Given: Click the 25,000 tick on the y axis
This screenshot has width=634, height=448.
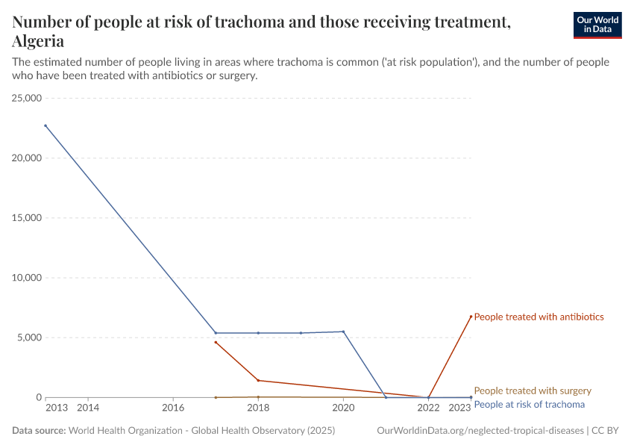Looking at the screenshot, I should coord(25,99).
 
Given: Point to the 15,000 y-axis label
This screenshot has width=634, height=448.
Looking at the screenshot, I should coord(25,218).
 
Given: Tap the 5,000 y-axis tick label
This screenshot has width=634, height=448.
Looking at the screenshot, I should coord(28,337).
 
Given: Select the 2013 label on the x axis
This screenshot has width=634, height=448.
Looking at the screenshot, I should coord(56,408).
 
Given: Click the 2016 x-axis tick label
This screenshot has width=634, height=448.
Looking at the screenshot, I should coord(173,408).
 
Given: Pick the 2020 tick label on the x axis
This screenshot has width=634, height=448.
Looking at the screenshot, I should coord(343,408).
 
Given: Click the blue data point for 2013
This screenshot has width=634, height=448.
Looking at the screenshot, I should coord(45,125).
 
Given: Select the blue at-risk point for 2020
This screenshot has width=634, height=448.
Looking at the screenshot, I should coord(343,332).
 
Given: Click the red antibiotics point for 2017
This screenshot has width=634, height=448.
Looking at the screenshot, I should coord(216,342).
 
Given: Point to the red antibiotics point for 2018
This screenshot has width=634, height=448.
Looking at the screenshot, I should coord(258,380).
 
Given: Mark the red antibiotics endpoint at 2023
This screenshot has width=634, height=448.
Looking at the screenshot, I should coord(471,316).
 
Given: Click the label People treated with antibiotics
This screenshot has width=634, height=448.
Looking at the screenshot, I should coord(539,317).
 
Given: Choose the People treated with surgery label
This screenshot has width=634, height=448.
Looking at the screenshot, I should coord(533,391).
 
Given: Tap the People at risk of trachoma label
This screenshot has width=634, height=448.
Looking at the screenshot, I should coord(529,404).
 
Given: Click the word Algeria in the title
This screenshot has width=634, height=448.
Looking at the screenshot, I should coord(38,41).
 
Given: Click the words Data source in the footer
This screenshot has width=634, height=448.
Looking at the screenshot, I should coord(39,431).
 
